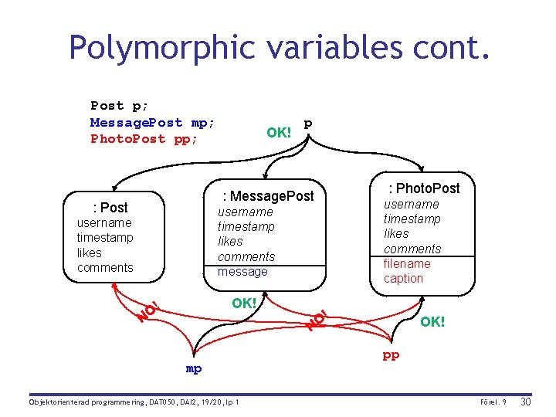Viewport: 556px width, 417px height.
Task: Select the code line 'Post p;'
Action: [x=120, y=106]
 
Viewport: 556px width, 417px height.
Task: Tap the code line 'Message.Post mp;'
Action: [x=152, y=123]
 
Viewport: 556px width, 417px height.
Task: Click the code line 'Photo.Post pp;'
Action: [x=144, y=139]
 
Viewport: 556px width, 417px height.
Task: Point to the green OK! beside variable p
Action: [x=279, y=132]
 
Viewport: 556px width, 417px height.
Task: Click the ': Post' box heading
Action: [x=110, y=207]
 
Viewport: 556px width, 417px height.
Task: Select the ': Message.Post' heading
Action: [x=268, y=195]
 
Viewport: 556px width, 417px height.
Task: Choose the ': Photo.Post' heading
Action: [x=424, y=188]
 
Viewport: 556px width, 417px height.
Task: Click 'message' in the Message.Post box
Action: [x=242, y=271]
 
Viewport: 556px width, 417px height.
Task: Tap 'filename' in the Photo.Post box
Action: [x=407, y=263]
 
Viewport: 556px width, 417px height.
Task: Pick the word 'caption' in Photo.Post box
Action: [x=403, y=278]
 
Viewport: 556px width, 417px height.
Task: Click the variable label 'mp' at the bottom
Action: [x=194, y=369]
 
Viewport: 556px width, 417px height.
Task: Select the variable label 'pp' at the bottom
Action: [x=392, y=356]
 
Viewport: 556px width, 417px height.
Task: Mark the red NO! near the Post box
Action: [x=147, y=310]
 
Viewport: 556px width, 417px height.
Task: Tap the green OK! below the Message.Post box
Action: [x=244, y=303]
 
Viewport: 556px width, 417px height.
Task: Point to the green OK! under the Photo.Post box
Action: [x=432, y=321]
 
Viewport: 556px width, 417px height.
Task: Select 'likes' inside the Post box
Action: [x=90, y=253]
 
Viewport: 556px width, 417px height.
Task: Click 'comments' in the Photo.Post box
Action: [x=412, y=249]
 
